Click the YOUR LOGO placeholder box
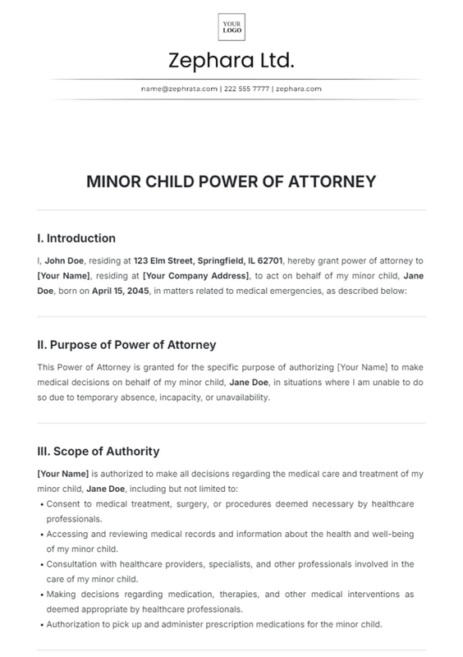click(231, 27)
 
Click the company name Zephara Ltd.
click(231, 61)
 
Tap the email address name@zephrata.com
click(179, 88)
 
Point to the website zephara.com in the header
click(298, 88)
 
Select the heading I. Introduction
click(76, 238)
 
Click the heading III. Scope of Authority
click(99, 452)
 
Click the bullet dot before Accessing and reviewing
click(41, 534)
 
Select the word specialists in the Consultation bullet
click(231, 564)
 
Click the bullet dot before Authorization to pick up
click(41, 625)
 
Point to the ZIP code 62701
click(264, 260)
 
